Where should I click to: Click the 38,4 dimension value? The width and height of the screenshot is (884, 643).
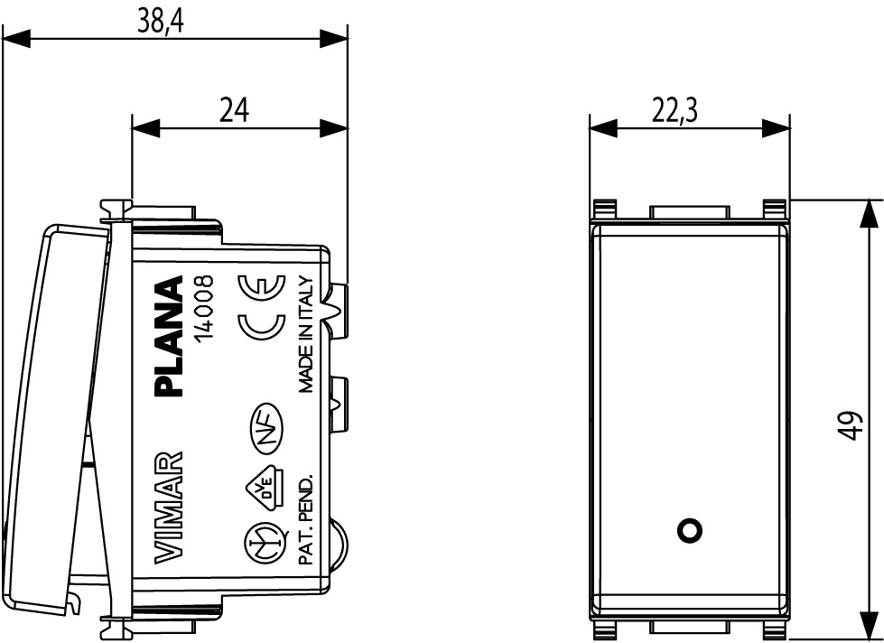click(x=161, y=21)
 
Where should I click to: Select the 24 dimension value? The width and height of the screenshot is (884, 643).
click(x=234, y=109)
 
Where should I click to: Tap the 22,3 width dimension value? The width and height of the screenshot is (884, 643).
click(x=675, y=109)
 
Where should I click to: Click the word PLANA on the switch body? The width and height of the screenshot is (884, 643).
click(x=169, y=336)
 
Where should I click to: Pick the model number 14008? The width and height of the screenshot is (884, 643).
click(x=202, y=307)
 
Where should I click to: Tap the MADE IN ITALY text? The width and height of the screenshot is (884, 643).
click(x=305, y=334)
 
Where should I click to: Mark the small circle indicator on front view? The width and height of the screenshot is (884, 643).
click(x=689, y=530)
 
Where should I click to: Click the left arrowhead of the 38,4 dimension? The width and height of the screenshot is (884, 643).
click(x=15, y=39)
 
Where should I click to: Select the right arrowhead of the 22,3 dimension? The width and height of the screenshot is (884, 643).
click(x=776, y=128)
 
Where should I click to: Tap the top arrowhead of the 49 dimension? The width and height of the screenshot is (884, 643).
click(x=869, y=213)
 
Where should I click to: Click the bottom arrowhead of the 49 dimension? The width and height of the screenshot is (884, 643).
click(x=869, y=625)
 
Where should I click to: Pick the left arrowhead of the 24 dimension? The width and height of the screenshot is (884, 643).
click(x=145, y=128)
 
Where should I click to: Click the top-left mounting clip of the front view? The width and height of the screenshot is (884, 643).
click(x=604, y=210)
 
